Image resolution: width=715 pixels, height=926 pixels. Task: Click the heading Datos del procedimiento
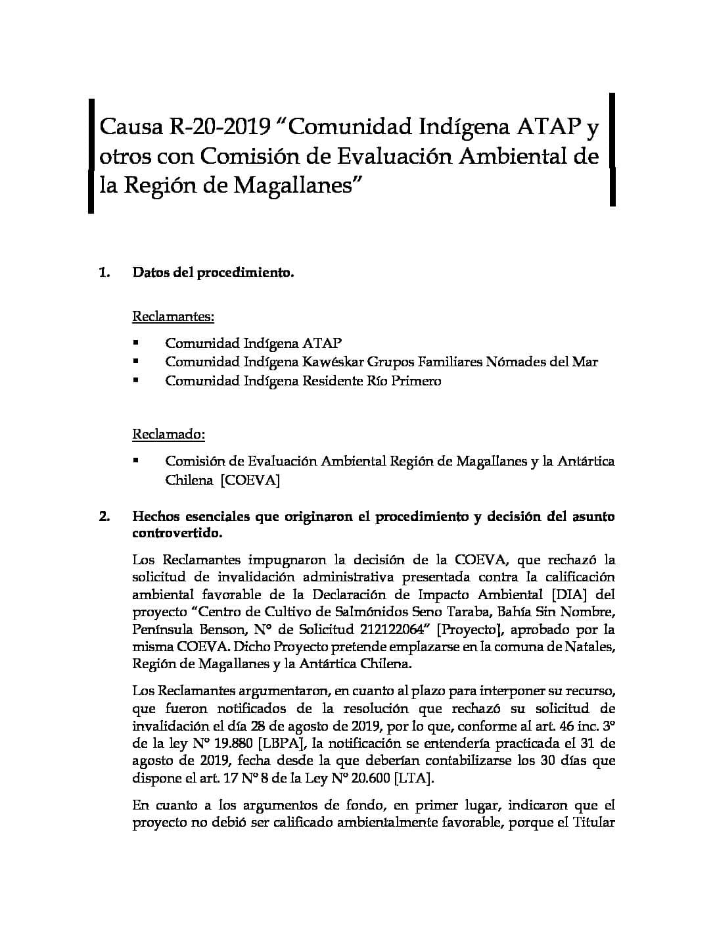(x=213, y=272)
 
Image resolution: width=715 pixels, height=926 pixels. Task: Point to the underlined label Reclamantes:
(x=173, y=316)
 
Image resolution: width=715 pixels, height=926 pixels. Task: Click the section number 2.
(x=104, y=516)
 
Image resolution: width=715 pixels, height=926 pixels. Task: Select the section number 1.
(x=104, y=272)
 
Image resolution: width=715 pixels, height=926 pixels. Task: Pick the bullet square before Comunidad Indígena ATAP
(x=136, y=343)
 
